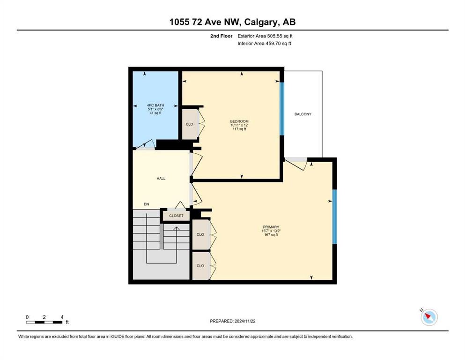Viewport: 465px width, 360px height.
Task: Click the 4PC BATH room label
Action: pos(155,105)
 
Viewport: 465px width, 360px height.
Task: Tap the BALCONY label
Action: pos(303,114)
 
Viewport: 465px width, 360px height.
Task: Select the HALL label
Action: pos(161,179)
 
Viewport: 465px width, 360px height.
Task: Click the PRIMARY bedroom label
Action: pos(271,227)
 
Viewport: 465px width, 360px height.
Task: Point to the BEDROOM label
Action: pos(239,121)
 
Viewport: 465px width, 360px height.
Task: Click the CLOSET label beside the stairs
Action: pos(176,216)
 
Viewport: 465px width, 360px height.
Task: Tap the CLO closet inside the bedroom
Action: pos(190,124)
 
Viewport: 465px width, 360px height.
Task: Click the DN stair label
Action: pos(147,204)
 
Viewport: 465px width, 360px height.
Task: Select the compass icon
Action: pos(429,317)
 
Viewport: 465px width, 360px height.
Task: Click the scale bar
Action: pos(44,322)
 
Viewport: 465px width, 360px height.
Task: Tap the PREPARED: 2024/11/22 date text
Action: pos(232,321)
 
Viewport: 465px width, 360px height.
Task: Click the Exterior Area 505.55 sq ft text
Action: pos(265,36)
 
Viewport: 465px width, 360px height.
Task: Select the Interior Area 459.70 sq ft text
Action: pos(264,43)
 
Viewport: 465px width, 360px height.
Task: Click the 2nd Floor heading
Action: pos(221,36)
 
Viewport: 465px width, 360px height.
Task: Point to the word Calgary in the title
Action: pos(261,22)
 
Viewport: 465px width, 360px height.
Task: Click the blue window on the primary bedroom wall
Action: pos(334,217)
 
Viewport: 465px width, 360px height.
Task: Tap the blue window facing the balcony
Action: pos(282,109)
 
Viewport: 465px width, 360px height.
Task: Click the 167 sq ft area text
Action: pos(271,235)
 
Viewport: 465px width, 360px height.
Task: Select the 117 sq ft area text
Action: pos(239,129)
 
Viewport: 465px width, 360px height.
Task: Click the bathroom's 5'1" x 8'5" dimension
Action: pos(155,109)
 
